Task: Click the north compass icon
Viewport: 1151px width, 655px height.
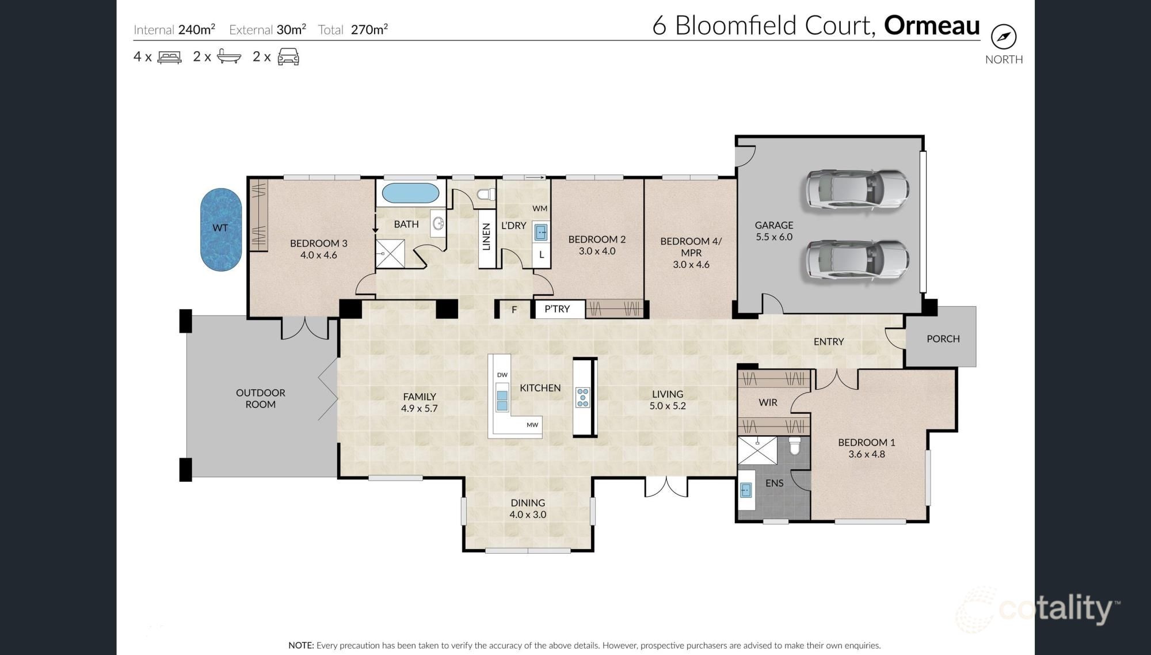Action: coord(1004,37)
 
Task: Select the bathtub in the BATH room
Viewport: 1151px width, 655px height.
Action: coord(410,193)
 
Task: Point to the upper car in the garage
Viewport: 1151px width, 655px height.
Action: coord(857,189)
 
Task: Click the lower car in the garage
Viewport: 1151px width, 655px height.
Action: coord(857,260)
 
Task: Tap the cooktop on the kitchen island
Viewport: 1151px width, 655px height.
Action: coord(582,398)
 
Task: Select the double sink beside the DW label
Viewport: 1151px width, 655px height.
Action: coord(502,400)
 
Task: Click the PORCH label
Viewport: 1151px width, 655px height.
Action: coord(943,339)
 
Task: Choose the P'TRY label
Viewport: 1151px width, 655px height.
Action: coord(557,309)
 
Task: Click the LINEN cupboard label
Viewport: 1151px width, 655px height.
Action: coord(486,237)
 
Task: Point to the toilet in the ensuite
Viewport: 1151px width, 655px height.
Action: coord(795,446)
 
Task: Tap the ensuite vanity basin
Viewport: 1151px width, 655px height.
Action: coord(746,490)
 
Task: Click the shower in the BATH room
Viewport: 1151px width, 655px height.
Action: coord(390,254)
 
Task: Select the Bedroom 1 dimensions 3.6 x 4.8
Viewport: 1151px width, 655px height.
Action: coord(866,454)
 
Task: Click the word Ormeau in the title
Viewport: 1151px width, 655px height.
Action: coord(931,26)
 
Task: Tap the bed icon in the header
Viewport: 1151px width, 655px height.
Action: coord(169,57)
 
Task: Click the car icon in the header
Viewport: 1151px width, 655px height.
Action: coord(288,57)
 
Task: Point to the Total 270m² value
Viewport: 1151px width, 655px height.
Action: coord(369,30)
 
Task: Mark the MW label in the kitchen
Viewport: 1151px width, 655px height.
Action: coord(532,425)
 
